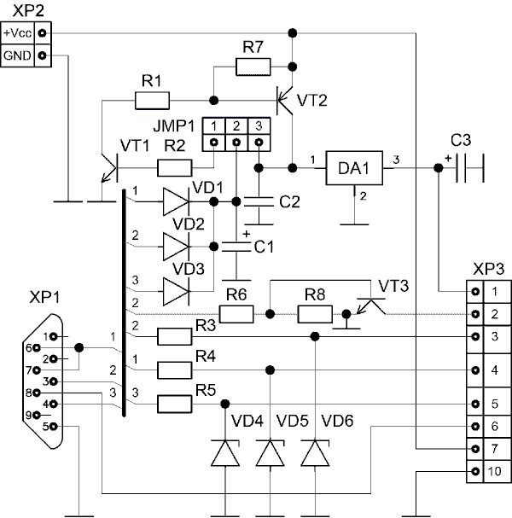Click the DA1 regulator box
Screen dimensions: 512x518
(354, 168)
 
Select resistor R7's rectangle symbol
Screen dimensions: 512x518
(253, 67)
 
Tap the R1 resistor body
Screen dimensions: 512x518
(152, 101)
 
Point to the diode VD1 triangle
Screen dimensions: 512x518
(177, 201)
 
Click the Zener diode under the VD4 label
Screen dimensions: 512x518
(225, 453)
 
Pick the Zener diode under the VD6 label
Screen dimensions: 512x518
(315, 453)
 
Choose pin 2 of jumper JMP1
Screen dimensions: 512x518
(236, 143)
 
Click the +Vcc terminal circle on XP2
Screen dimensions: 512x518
(42, 33)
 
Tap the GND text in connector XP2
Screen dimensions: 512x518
(17, 55)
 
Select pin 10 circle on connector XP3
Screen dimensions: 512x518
(475, 471)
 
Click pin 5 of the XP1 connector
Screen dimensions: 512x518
(54, 427)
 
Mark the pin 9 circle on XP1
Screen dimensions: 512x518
(37, 415)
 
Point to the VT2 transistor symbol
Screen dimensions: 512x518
(285, 101)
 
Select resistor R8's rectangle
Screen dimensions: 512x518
(315, 314)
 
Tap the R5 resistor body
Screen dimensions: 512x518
(174, 404)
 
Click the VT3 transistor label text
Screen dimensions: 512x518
(393, 286)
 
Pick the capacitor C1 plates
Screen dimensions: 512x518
(236, 247)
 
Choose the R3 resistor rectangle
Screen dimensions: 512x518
(174, 336)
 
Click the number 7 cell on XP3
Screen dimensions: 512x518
(494, 449)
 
